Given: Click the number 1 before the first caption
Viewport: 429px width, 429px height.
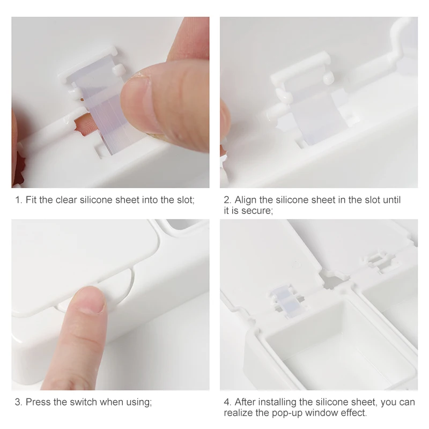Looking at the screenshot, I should pos(17,200).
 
